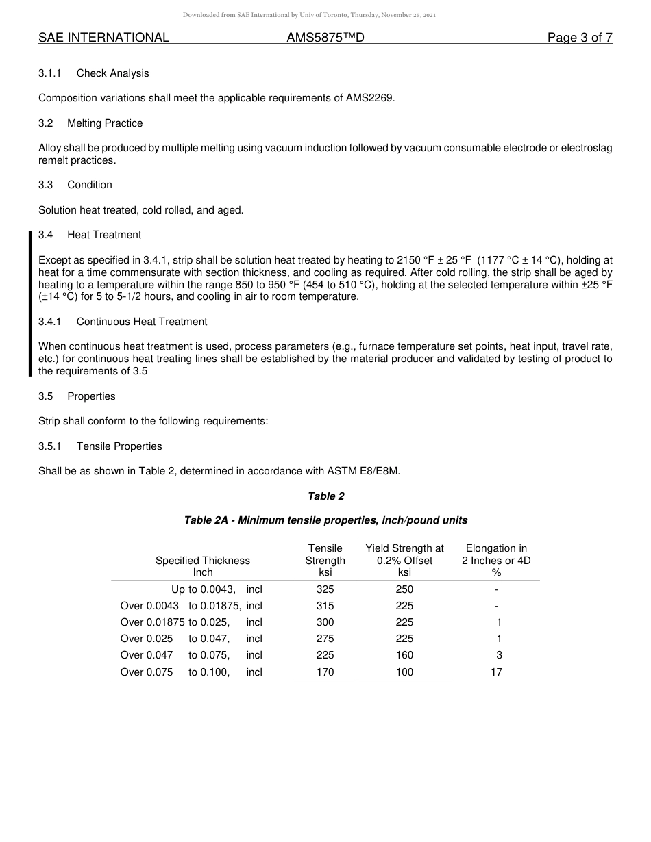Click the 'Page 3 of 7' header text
579,38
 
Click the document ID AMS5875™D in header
325,38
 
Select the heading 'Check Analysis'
112,73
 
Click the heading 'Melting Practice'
105,123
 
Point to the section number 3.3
45,185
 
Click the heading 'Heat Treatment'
104,235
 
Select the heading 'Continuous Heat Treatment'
141,322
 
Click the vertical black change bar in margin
30,304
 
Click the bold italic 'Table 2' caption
325,496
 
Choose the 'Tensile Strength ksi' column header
325,560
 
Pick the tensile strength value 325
325,589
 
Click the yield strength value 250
404,589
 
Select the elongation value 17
496,672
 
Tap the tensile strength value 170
325,672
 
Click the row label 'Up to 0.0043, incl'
216,589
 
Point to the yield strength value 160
404,655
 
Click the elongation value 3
499,655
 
